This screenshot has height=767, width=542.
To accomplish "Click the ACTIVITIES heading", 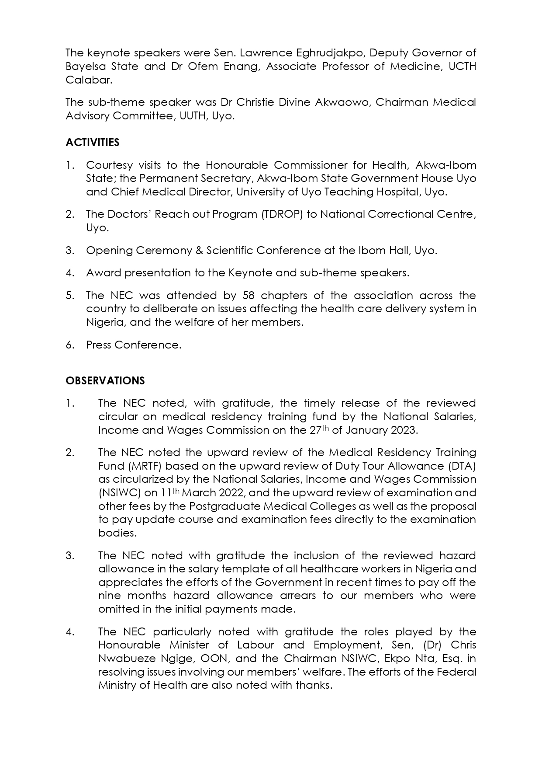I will pos(92,143).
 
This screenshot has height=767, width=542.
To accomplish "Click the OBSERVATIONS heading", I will pos(105,381).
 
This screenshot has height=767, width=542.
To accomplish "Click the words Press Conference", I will pos(133,345).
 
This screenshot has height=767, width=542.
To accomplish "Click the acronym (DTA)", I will pos(460,466).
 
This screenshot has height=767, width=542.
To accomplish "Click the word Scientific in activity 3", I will pos(229,251).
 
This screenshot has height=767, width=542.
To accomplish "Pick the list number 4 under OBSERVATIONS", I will pos(70,632).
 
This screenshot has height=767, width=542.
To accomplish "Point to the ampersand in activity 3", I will pos(199,251).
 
